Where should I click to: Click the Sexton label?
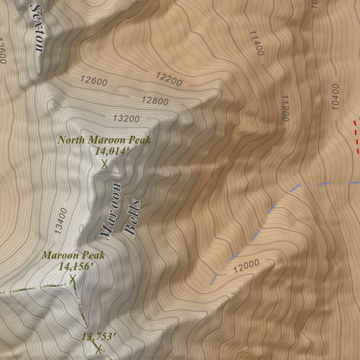click(37, 28)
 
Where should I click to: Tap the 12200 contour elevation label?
click(169, 79)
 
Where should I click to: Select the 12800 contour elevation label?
click(155, 101)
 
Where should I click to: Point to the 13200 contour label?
click(126, 118)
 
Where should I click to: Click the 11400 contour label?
click(256, 43)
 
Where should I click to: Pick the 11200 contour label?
click(285, 108)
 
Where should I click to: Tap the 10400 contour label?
click(335, 97)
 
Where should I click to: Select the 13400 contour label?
click(61, 221)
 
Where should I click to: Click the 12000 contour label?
click(246, 266)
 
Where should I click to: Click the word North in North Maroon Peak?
click(71, 140)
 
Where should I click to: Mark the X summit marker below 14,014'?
click(104, 164)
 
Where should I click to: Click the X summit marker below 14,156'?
click(73, 279)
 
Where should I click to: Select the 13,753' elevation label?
click(99, 336)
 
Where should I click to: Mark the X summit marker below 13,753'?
click(98, 349)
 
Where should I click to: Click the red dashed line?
click(356, 137)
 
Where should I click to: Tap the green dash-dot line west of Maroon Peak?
click(35, 288)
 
